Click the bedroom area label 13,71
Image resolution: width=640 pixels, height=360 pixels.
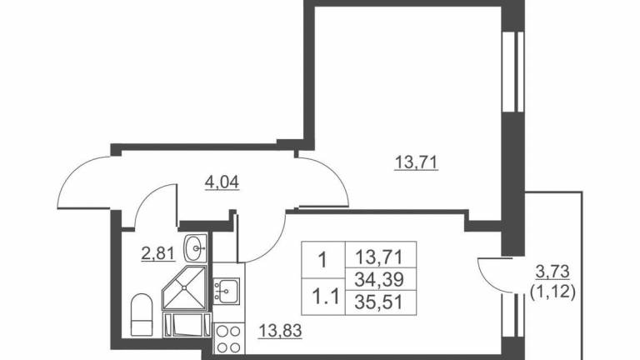[x=416, y=163]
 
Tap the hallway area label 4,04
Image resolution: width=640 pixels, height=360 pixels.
[x=222, y=182]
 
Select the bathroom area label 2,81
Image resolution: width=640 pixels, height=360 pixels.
[x=158, y=253]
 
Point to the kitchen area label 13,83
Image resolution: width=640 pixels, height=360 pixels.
[x=280, y=330]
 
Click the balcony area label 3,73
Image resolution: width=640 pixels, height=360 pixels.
[x=552, y=271]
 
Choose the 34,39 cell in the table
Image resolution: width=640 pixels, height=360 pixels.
[x=380, y=280]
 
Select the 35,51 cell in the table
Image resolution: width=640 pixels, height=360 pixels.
[x=380, y=302]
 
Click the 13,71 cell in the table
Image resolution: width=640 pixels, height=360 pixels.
[x=380, y=255]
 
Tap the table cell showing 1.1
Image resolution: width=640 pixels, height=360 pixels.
[x=323, y=297]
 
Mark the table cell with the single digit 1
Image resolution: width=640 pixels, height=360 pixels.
[x=323, y=260]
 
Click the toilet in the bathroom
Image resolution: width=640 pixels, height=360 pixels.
[x=142, y=315]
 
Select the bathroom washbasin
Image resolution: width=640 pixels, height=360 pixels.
[x=196, y=248]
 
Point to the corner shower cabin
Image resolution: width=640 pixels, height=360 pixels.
[x=185, y=288]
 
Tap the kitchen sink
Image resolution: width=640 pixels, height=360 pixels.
[x=227, y=291]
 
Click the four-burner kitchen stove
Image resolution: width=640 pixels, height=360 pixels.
[x=228, y=339]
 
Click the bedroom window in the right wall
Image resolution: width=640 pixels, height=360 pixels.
[x=513, y=72]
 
